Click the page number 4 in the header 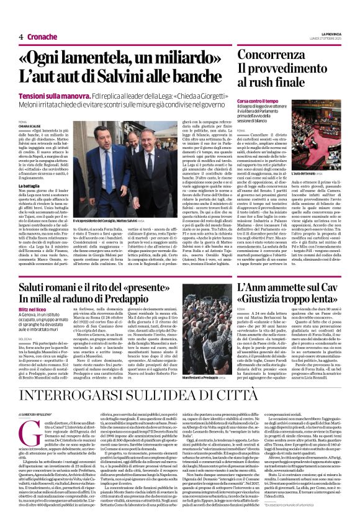[x=21, y=37]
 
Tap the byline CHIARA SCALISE [x=31, y=126]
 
